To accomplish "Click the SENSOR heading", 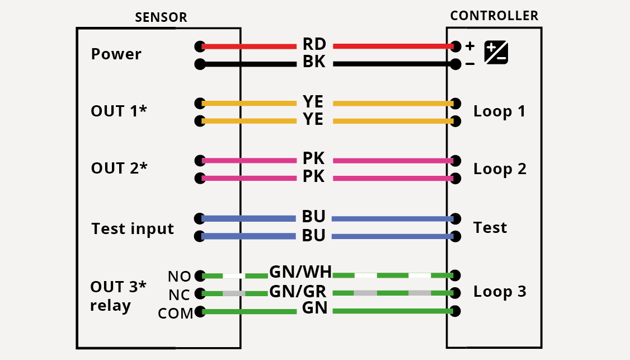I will pos(161,18).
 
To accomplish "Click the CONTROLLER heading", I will pos(494,16).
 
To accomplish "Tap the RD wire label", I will pos(314,45).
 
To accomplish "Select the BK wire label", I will pos(314,63).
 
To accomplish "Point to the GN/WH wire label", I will pos(300,273).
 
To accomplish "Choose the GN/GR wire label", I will pos(298,292).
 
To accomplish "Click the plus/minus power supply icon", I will pos(496,53).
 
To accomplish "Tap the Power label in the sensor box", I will pos(116,55).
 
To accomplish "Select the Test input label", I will pos(133,229).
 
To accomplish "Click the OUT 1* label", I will pos(119,111).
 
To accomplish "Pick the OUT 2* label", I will pos(119,169).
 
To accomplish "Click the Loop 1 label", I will pos(499,111).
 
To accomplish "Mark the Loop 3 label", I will pos(499,292).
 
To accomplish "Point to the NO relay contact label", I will pos(179,277).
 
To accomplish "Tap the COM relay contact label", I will pos(175,314).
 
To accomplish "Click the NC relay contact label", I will pos(179,295).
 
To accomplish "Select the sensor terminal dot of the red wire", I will pos(200,46).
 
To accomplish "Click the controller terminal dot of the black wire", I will pos(456,64).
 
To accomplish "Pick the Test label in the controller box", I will pos(490,228).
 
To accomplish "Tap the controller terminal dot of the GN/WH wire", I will pos(456,275).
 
